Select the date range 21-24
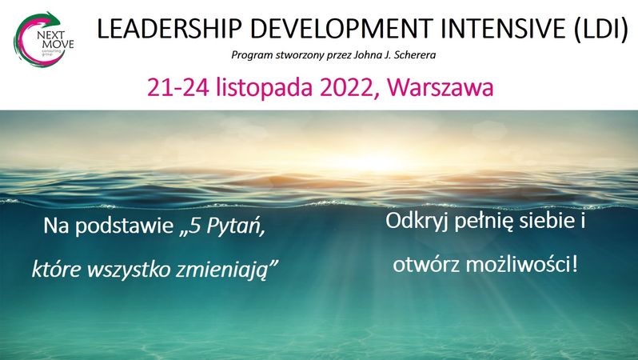(x=178, y=87)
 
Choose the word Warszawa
(x=441, y=87)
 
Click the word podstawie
(x=124, y=226)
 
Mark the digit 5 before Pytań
(x=196, y=226)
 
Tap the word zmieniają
(x=222, y=270)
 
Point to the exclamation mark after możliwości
(x=575, y=265)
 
